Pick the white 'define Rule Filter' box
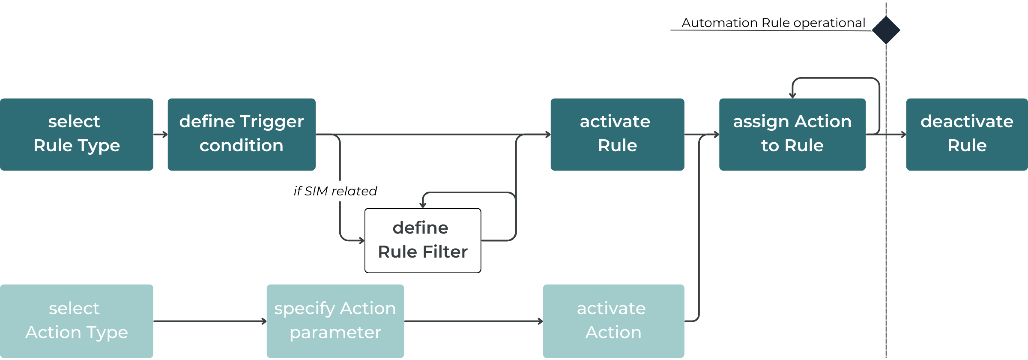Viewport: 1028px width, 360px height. (x=423, y=240)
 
